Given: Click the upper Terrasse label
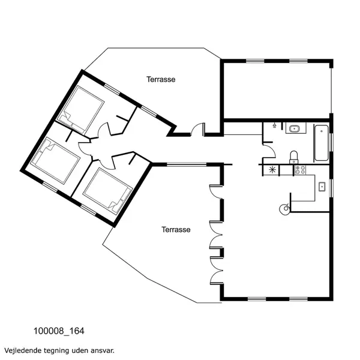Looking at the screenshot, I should pyautogui.click(x=161, y=79).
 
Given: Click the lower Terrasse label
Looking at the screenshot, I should pyautogui.click(x=176, y=230).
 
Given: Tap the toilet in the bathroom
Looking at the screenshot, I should pyautogui.click(x=293, y=157).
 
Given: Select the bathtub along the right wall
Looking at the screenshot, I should pyautogui.click(x=322, y=142).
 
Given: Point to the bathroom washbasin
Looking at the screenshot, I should pyautogui.click(x=294, y=128).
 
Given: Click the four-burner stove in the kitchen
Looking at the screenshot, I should pyautogui.click(x=300, y=170).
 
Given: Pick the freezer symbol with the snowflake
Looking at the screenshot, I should pyautogui.click(x=273, y=170).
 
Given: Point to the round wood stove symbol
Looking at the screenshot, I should pyautogui.click(x=284, y=209).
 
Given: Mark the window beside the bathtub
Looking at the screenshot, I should pyautogui.click(x=331, y=142).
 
